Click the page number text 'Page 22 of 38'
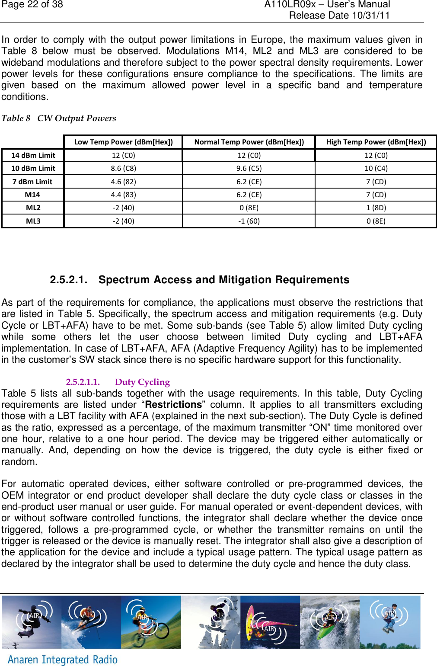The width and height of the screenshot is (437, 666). [32, 5]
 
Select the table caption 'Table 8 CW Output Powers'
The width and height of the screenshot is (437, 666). [59, 118]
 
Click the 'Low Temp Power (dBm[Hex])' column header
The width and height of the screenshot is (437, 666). [123, 142]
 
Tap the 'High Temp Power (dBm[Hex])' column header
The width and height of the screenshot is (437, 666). [376, 142]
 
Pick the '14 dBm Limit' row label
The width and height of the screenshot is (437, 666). [33, 155]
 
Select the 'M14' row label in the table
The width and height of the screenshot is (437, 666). [32, 195]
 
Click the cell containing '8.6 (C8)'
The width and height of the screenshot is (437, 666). [123, 168]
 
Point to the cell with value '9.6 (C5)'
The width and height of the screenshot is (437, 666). [249, 168]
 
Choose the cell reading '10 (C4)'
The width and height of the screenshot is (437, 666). [376, 168]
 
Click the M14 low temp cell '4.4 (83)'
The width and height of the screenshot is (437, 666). [123, 195]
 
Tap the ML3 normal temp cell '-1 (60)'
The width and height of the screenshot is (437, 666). [249, 221]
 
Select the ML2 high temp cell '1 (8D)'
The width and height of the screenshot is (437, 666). [376, 208]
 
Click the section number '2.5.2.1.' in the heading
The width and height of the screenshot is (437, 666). [68, 280]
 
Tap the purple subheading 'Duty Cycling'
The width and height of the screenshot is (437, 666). [142, 382]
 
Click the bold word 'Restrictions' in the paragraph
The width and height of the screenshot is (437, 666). [173, 405]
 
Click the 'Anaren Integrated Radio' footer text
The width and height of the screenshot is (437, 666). [63, 659]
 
